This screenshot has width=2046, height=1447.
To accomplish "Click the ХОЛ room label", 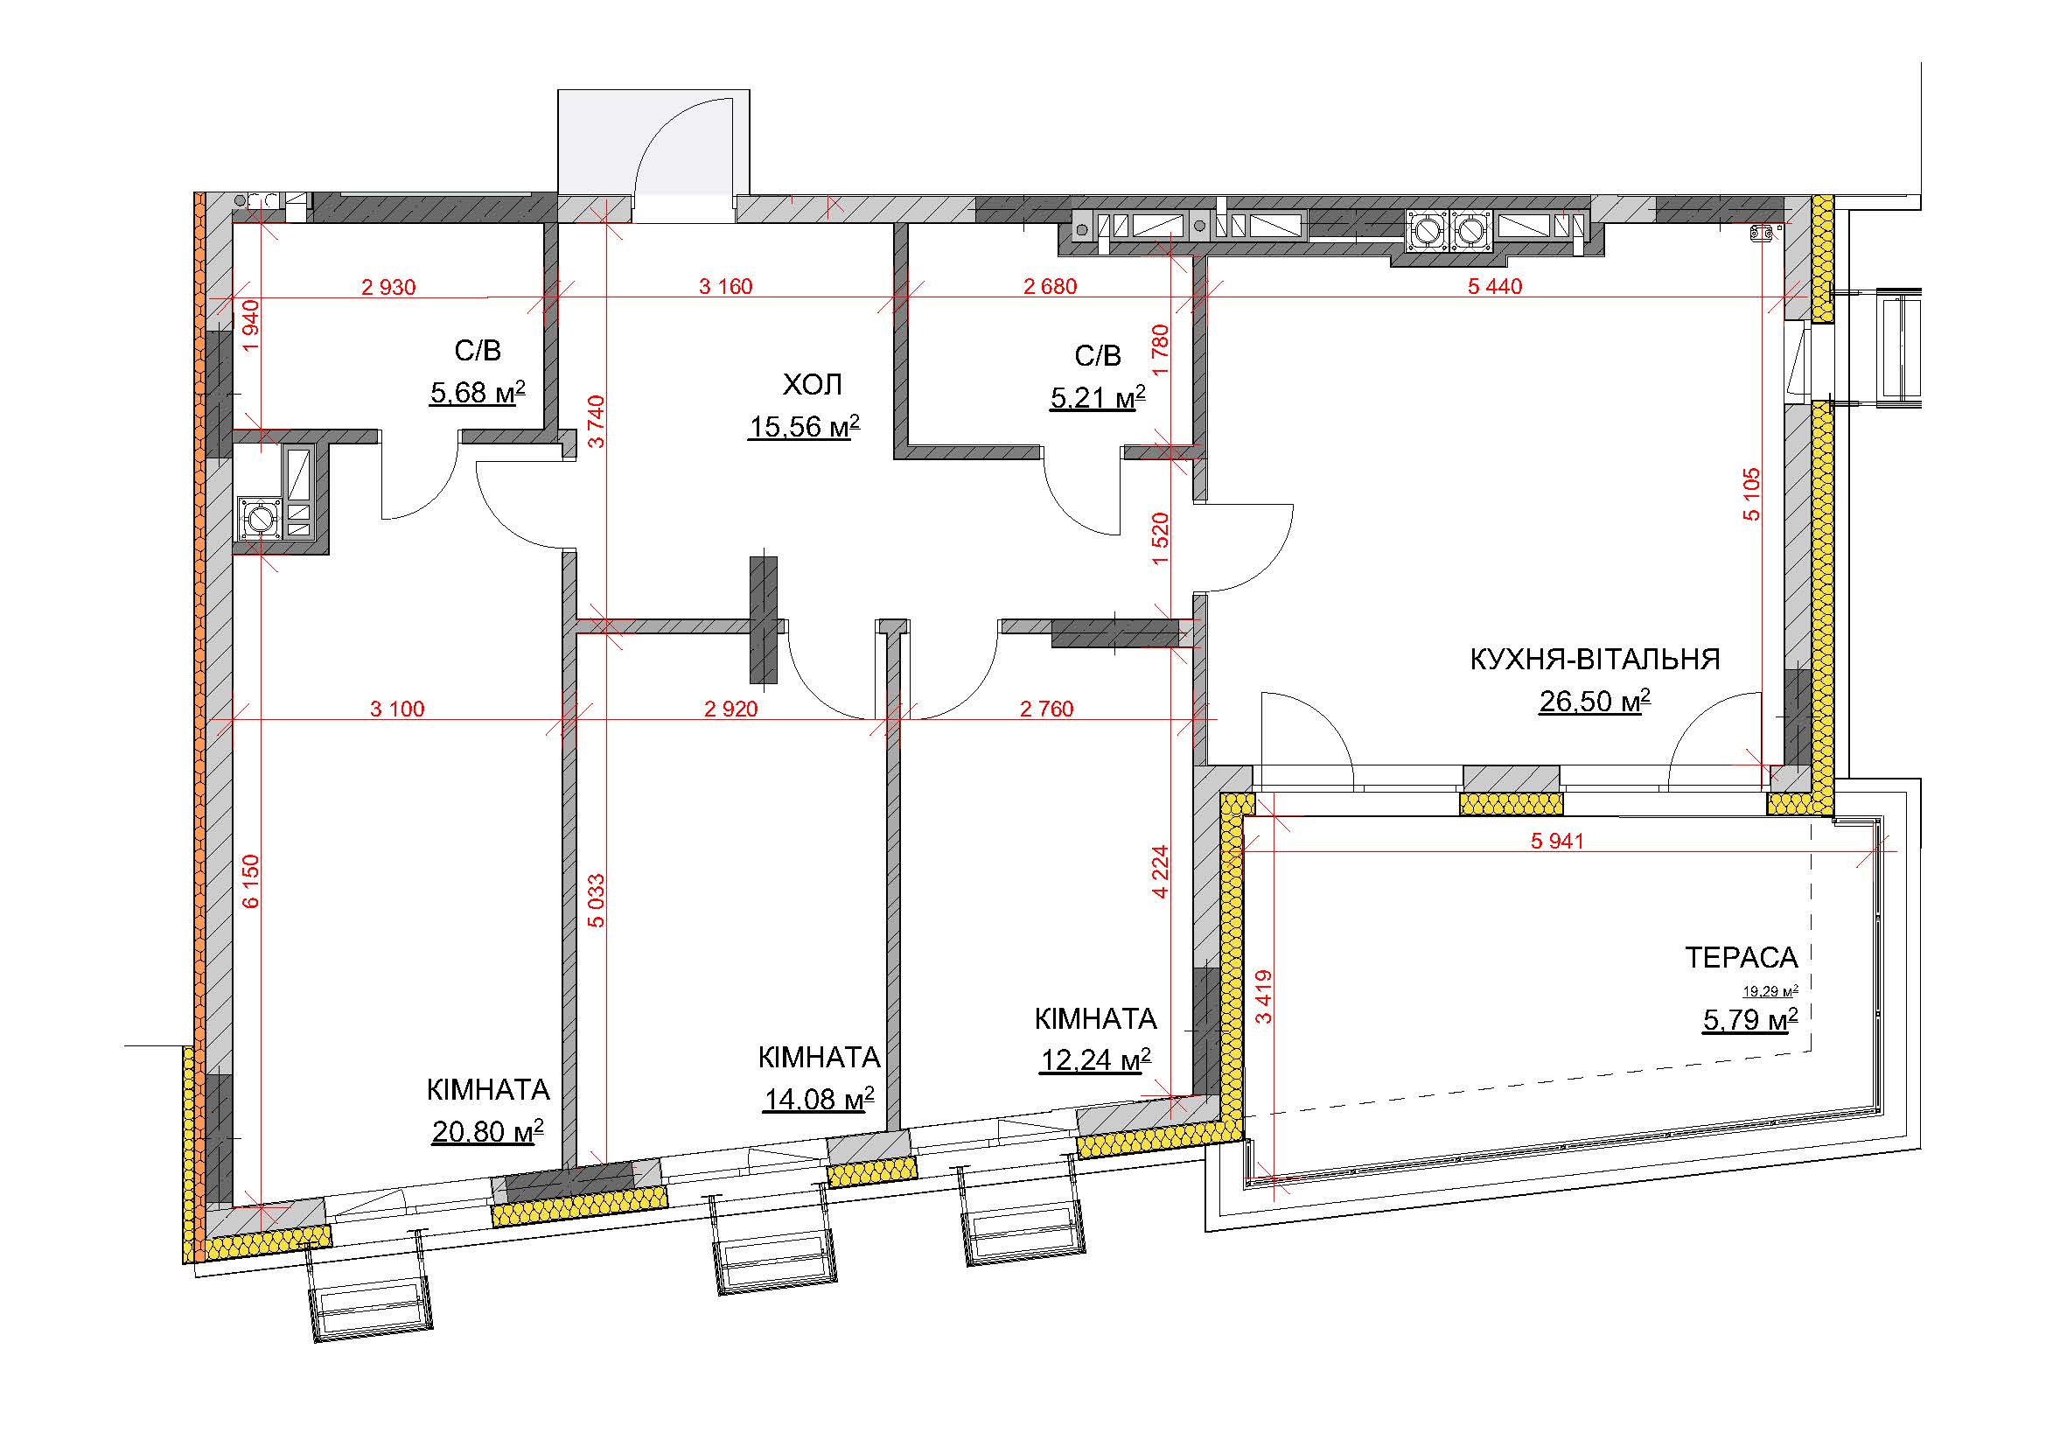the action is (812, 385).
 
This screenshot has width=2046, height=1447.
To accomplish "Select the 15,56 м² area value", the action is (804, 427).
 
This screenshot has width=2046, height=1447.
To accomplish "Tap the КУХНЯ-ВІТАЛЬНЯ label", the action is (1595, 660).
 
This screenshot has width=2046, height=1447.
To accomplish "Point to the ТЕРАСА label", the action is (1742, 958).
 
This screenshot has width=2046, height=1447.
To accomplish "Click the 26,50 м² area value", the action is (1595, 702).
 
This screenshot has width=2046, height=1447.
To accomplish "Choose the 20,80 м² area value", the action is (487, 1131).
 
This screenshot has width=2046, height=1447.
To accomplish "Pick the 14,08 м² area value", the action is (818, 1100).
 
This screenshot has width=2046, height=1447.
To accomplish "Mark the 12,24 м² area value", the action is (1095, 1060).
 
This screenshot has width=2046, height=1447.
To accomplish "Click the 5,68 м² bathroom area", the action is (478, 392).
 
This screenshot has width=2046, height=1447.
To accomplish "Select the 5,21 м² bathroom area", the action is (1098, 397).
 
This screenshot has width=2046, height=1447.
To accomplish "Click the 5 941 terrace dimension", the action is (1558, 840).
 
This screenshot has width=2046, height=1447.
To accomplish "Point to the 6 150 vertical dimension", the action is (251, 881).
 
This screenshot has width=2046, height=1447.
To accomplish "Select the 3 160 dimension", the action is (725, 286).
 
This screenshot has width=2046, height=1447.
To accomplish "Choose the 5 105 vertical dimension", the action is (1752, 493).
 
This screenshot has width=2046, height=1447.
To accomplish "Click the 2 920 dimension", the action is (730, 709).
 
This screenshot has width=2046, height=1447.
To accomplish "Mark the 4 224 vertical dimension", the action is (1160, 871).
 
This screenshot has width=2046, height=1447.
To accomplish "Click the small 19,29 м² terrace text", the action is (1770, 990).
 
